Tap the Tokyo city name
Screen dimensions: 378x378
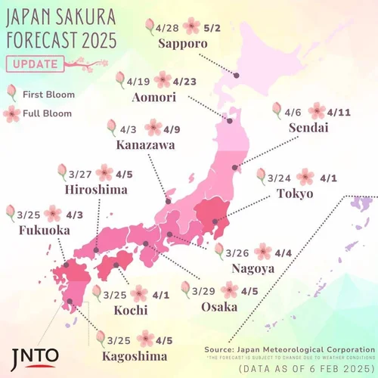pos(299,194)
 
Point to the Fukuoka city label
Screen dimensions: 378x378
pos(36,230)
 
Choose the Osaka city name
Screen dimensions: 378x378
pos(220,307)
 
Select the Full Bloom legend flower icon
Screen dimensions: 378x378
pos(11,113)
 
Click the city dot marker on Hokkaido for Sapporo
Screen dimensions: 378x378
pos(237,75)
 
